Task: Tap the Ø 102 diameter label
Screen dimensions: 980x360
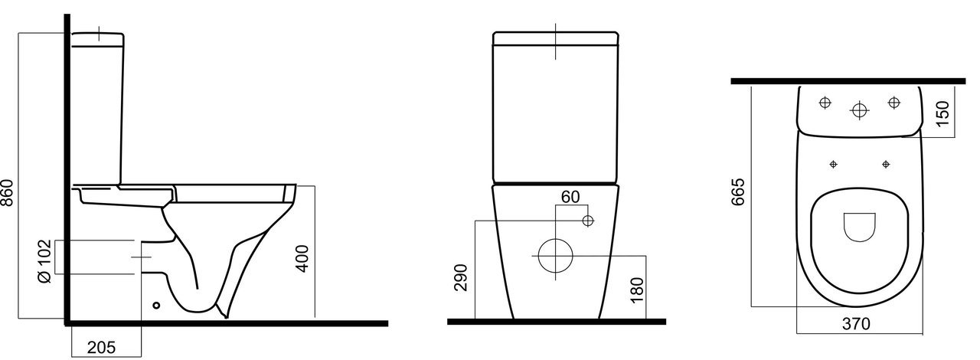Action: coord(44,261)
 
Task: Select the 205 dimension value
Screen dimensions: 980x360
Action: coord(102,347)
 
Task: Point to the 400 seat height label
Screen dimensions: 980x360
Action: coord(302,259)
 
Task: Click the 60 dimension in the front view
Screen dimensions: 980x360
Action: coord(570,197)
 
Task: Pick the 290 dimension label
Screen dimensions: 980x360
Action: coord(461,277)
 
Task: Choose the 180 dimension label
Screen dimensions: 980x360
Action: coord(637,290)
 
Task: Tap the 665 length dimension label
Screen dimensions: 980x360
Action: coord(737,191)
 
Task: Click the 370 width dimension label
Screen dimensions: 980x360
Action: coord(856,324)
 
